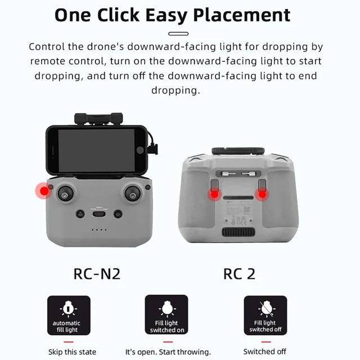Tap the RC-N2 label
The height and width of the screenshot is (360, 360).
pos(97,274)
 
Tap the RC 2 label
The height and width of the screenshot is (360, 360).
pos(239,274)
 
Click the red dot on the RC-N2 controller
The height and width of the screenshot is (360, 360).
pos(44,191)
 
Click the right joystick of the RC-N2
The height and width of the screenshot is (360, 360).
pos(132,194)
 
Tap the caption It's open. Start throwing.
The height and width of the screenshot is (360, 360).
pos(168,352)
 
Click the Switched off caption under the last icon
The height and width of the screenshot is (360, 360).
pos(264,352)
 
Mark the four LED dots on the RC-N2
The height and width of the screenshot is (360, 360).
pos(99,229)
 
